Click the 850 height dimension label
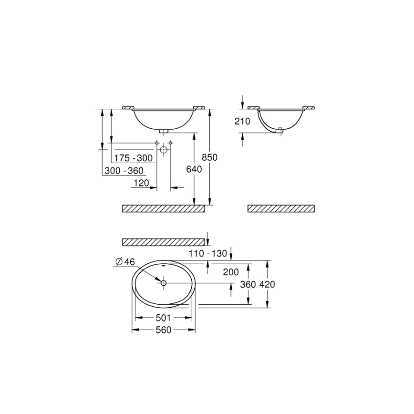tap(209, 157)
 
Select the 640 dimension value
tap(194, 169)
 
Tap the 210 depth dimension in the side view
tap(242, 121)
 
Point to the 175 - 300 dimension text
tap(133, 158)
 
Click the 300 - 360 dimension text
tap(124, 170)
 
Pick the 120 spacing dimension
tap(141, 183)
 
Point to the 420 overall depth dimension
tap(267, 284)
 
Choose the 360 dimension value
tap(248, 284)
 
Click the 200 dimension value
tap(231, 272)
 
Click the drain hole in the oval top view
tap(163, 283)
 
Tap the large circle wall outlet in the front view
tap(164, 149)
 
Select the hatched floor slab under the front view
tap(164, 208)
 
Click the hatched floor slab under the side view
tap(281, 208)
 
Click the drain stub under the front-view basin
tap(164, 130)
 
